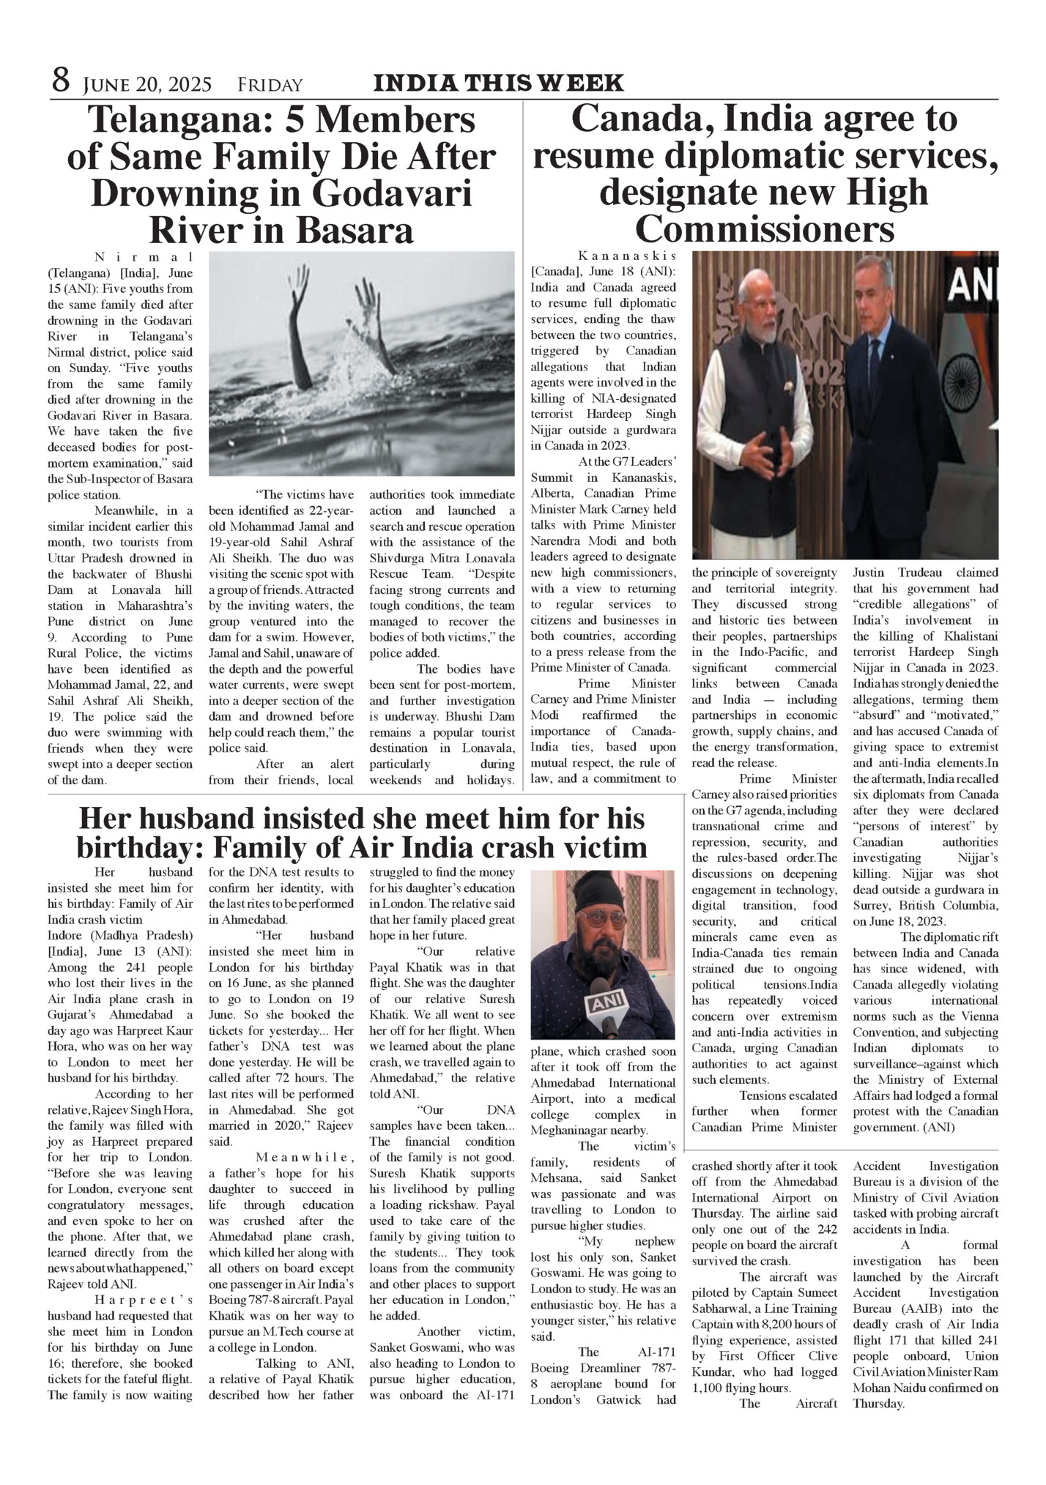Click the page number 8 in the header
click(60, 80)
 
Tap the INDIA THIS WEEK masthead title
click(499, 83)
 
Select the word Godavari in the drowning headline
click(393, 194)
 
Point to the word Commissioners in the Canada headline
click(765, 230)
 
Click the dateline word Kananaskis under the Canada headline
click(627, 256)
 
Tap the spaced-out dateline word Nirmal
click(144, 256)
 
